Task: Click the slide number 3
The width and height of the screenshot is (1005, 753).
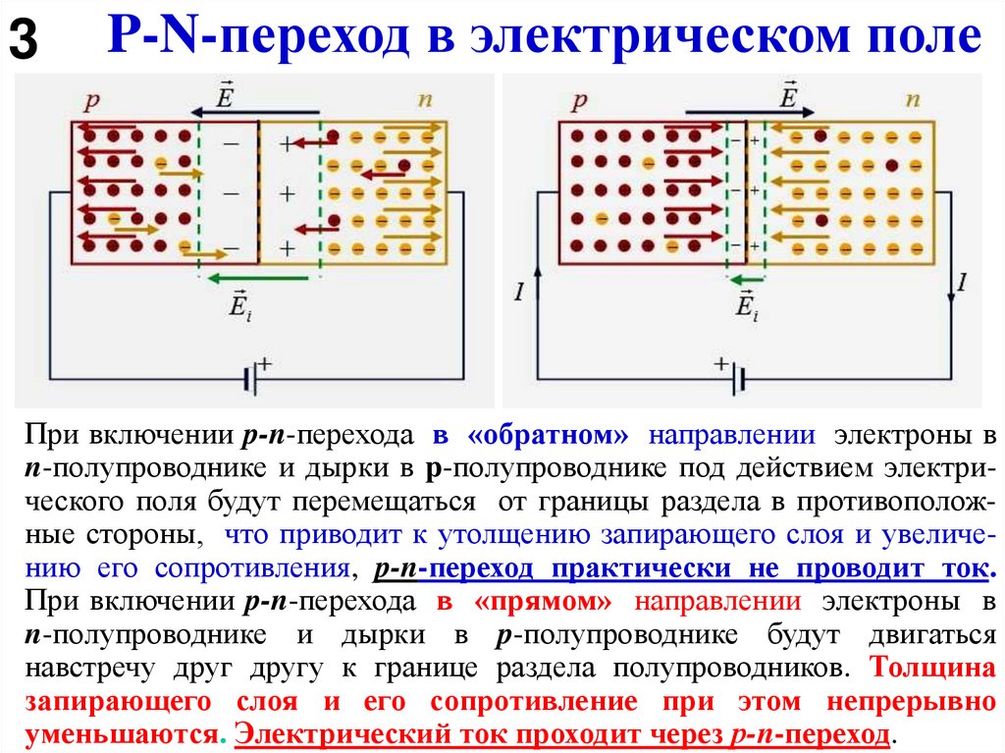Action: click(24, 40)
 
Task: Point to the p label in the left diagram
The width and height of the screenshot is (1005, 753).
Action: click(91, 100)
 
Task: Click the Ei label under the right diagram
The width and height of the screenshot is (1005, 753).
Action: click(746, 305)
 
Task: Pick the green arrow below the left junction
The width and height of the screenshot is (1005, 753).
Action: click(259, 279)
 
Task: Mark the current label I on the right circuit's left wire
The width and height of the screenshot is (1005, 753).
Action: click(518, 290)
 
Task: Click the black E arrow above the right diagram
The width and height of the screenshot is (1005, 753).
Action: click(746, 112)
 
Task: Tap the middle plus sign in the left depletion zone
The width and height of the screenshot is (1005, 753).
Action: click(287, 194)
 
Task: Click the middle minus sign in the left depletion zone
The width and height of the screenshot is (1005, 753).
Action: click(231, 194)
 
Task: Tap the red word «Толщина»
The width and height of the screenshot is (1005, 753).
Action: click(927, 668)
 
